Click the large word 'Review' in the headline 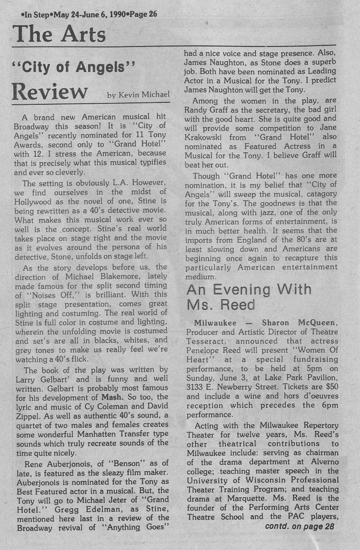click(49, 91)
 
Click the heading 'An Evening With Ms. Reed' click(249, 297)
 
